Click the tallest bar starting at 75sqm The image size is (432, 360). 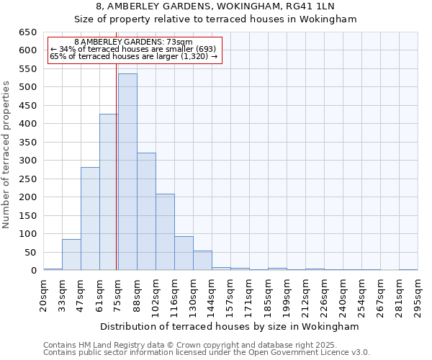coord(127,173)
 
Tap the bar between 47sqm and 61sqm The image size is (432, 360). coord(90,219)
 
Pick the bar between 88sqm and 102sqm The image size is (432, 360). coord(146,212)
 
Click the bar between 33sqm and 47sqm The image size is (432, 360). coord(71,255)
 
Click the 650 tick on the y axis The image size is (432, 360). coord(27,32)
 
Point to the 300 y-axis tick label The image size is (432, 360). coord(27,161)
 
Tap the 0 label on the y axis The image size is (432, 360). coord(33,271)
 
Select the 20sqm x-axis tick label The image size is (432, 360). coord(43,293)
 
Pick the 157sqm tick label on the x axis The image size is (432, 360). coord(230,295)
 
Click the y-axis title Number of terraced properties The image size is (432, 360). coord(6,155)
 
